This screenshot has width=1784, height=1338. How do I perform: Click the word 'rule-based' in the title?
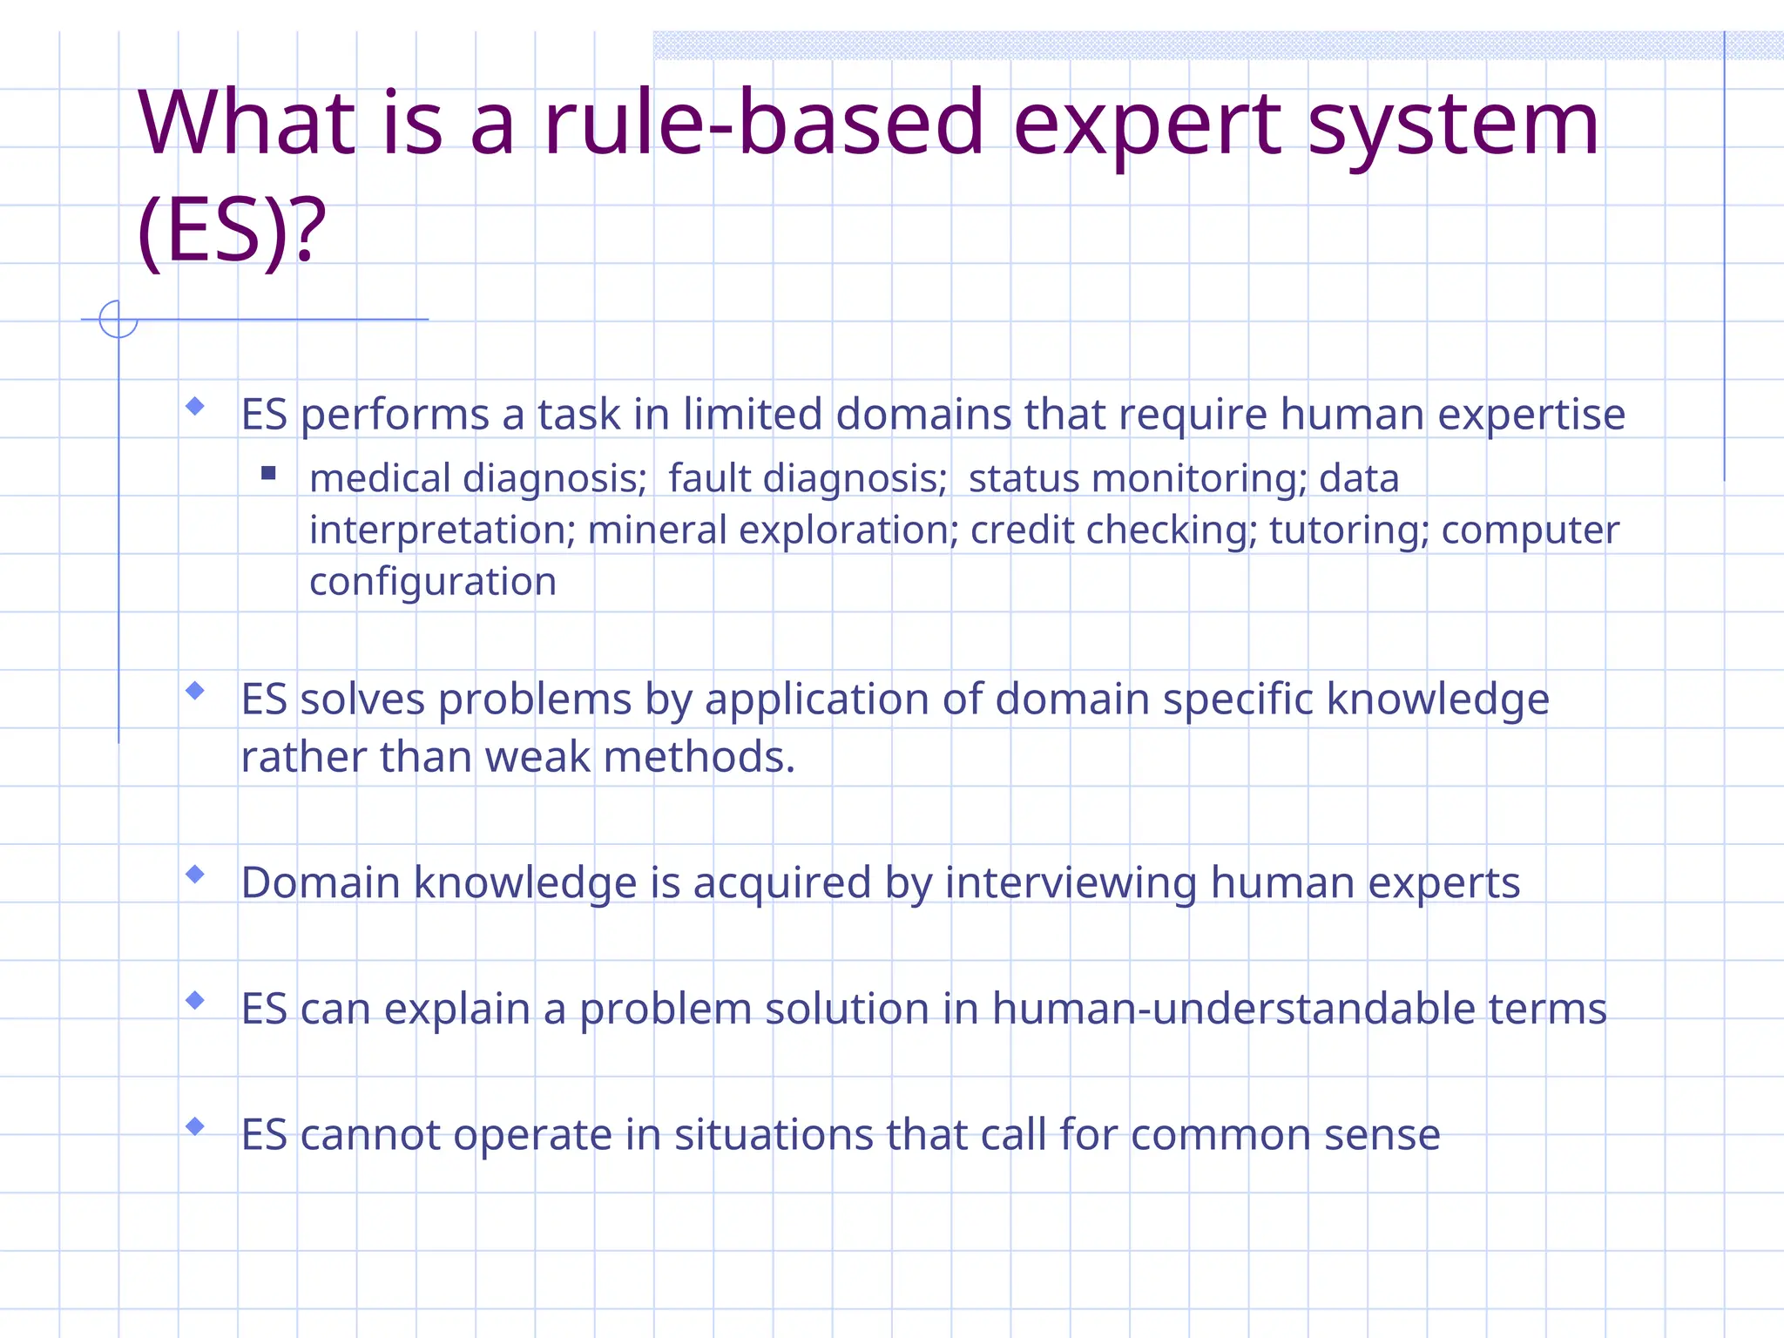pos(763,124)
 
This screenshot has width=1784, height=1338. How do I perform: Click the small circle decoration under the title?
pos(118,319)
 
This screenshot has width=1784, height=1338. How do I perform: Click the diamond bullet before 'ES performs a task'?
pos(195,406)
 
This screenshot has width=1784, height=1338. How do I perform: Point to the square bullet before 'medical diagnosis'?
pos(268,473)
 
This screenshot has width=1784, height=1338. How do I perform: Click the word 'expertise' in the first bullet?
pos(1531,415)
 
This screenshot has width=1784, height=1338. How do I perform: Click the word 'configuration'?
pos(433,582)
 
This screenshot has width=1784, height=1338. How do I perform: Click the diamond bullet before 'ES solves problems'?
pos(195,691)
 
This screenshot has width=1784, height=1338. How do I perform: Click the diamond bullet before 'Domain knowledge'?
pos(195,874)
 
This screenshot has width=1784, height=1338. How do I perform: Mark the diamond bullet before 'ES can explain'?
pos(195,1000)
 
